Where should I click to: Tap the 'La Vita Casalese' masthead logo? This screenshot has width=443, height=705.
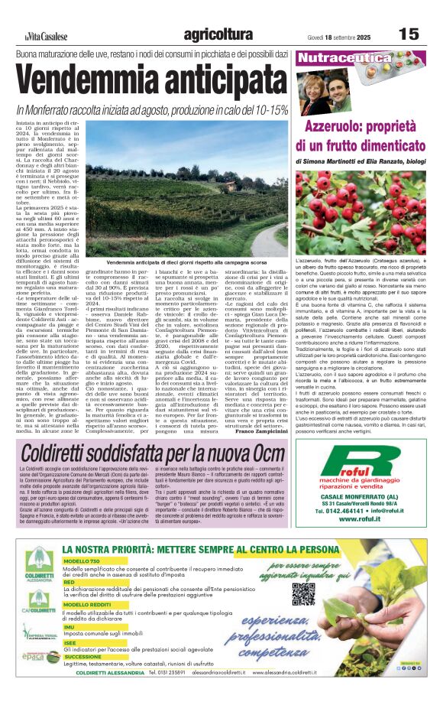[45, 36]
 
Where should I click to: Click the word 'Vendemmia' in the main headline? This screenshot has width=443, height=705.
[91, 81]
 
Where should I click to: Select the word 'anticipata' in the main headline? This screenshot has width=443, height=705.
[228, 81]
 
